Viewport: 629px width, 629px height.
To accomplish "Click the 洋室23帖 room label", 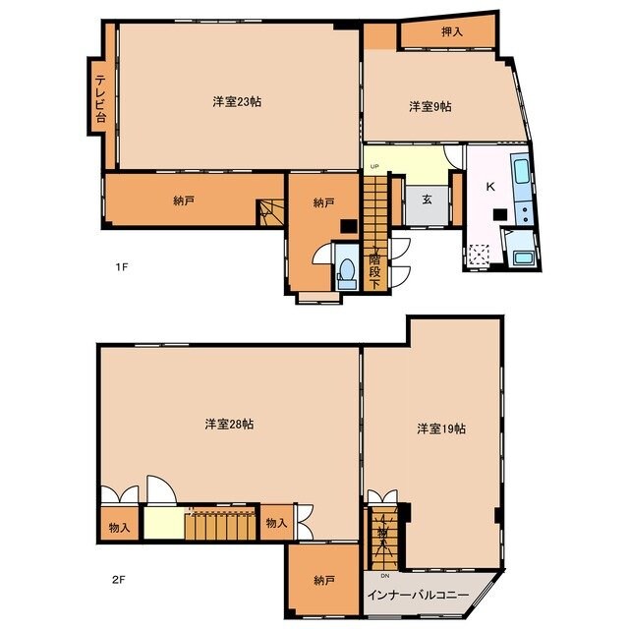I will coord(236,101).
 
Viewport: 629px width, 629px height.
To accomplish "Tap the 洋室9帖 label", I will coord(429,107).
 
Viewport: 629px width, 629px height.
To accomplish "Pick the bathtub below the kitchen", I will coord(523,259).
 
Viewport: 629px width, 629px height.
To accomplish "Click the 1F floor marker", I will coord(121,266).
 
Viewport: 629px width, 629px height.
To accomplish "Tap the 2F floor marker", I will coord(118,579).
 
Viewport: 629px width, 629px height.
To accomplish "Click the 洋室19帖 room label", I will coord(440,429).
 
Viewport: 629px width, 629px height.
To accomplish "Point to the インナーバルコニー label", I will coord(420,596).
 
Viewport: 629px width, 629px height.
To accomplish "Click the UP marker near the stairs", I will coord(374,167).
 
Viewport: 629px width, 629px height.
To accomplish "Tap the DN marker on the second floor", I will coord(385,576).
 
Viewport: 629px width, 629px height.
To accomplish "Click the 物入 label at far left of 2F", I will coord(119,527).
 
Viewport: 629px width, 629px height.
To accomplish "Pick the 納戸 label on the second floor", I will coord(323,580).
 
